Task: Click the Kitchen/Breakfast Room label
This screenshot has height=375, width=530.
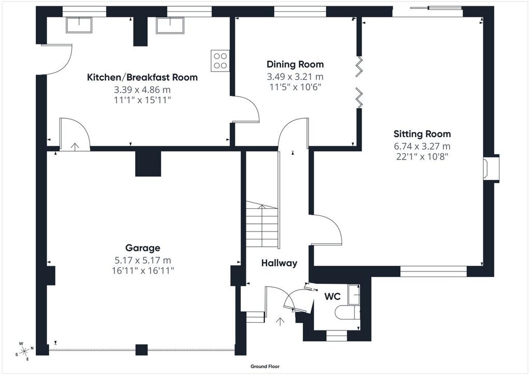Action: tap(142, 78)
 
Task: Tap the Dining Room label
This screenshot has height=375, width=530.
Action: tap(295, 64)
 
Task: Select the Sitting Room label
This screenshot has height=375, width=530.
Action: tap(422, 134)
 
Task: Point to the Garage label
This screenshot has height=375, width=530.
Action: tap(143, 248)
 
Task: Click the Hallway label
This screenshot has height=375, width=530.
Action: tap(279, 263)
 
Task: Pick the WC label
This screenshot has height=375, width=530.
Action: tap(332, 297)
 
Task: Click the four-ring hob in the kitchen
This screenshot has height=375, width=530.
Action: tap(220, 61)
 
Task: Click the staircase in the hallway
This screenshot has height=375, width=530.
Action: tap(262, 224)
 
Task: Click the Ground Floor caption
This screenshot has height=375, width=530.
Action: tap(265, 366)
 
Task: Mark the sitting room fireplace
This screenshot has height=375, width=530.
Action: tap(491, 169)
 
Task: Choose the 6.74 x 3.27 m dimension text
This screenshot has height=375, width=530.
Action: tap(422, 147)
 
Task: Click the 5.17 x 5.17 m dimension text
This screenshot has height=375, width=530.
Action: tap(143, 261)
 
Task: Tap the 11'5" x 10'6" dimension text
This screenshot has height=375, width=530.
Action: tap(295, 87)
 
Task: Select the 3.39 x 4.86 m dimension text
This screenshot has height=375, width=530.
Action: tap(142, 90)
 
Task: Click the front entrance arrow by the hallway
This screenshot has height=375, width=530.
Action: tap(280, 322)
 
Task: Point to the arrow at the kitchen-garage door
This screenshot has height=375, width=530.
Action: tap(75, 147)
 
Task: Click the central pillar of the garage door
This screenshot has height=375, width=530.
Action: tap(142, 350)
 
